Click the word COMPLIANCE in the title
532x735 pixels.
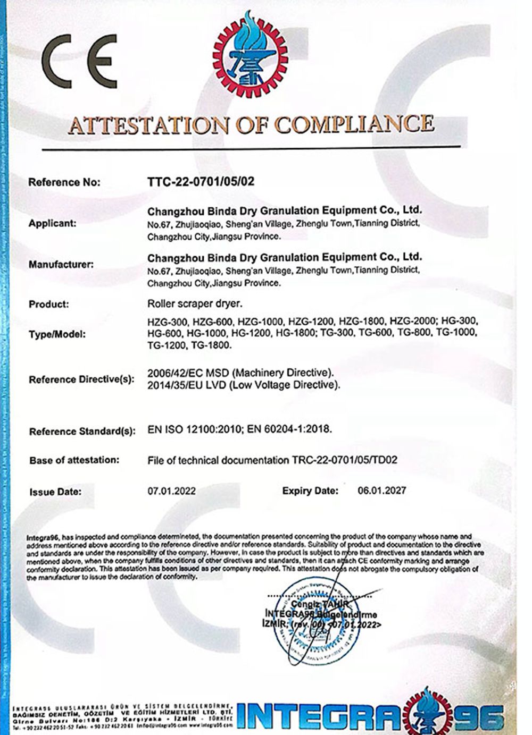point(354,124)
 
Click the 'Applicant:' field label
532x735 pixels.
point(52,223)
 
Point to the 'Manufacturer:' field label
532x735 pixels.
point(61,264)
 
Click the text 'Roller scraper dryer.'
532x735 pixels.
point(195,304)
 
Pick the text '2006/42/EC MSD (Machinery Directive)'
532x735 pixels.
point(240,372)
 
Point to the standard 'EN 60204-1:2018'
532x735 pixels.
point(289,429)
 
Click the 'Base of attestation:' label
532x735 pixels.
point(74,460)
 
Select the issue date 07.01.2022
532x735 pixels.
point(171,491)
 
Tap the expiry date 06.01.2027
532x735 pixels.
point(381,490)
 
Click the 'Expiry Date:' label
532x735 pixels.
point(310,491)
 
